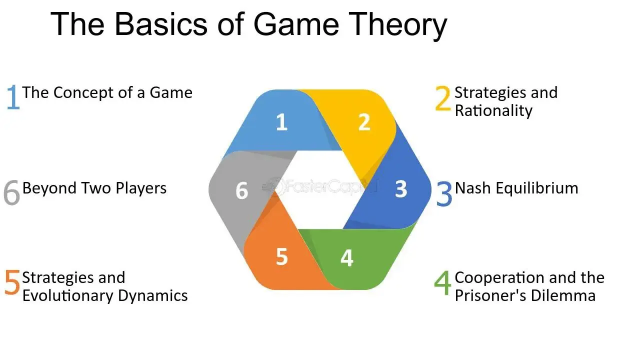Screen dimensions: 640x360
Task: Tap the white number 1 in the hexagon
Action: pyautogui.click(x=281, y=122)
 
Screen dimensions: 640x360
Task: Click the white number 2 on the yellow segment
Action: pyautogui.click(x=364, y=122)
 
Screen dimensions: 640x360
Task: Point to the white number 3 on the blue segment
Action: pyautogui.click(x=401, y=189)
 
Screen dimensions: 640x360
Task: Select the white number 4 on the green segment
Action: pyautogui.click(x=347, y=257)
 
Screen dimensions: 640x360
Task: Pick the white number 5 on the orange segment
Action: pyautogui.click(x=281, y=256)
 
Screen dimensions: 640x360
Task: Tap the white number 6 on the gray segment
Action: pyautogui.click(x=241, y=190)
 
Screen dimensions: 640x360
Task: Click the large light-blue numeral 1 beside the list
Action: pyautogui.click(x=13, y=97)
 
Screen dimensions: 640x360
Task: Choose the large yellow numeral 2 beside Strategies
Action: pyautogui.click(x=443, y=98)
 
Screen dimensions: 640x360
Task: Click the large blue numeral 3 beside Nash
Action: pyautogui.click(x=444, y=193)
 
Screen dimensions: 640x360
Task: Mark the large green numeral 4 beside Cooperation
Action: pyautogui.click(x=442, y=283)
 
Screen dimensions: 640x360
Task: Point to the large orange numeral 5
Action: pyautogui.click(x=12, y=283)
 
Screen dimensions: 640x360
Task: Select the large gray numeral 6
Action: pyautogui.click(x=11, y=192)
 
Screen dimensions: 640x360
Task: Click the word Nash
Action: pyautogui.click(x=472, y=188)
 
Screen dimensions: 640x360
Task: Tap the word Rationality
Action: pyautogui.click(x=493, y=110)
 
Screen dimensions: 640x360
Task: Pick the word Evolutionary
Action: pyautogui.click(x=68, y=296)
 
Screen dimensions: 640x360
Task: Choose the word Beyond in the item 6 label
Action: pyautogui.click(x=49, y=189)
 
